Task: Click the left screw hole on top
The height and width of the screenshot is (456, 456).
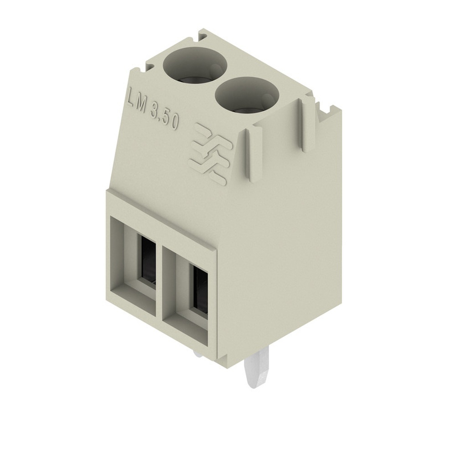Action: point(195,67)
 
